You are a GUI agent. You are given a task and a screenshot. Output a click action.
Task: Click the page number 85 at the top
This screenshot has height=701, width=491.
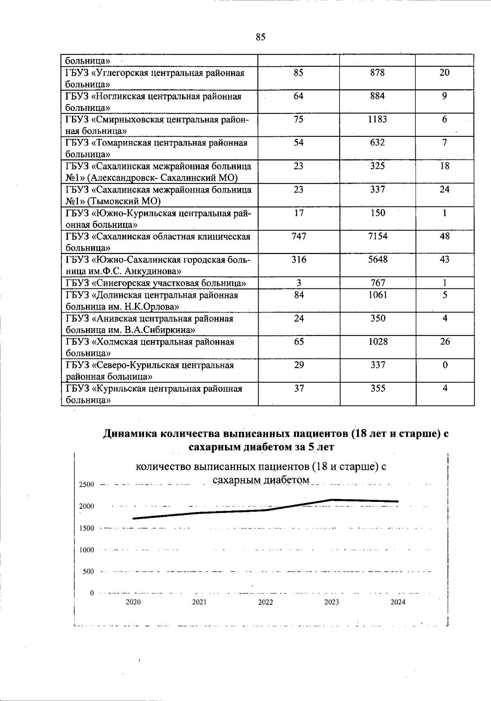click(261, 37)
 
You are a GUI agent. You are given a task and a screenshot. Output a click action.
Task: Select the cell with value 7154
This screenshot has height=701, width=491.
click(378, 236)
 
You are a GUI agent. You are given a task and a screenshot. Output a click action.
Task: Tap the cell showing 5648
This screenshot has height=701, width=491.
click(378, 260)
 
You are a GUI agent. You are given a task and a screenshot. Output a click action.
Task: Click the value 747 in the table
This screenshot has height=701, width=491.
click(299, 236)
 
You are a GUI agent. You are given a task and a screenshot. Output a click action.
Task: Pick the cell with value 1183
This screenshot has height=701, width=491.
click(378, 120)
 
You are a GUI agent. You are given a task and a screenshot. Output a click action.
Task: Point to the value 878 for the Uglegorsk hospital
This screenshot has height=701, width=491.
click(378, 73)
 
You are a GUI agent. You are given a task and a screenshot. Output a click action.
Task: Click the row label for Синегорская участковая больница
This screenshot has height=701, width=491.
click(155, 283)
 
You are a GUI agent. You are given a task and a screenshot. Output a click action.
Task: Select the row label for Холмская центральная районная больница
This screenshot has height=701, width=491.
click(150, 347)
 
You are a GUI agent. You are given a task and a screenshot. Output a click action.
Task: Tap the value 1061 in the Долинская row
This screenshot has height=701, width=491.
click(378, 295)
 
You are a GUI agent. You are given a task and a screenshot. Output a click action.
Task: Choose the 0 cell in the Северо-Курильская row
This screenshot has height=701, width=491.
click(445, 365)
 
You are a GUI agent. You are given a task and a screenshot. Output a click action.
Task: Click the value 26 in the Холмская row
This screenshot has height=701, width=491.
click(445, 342)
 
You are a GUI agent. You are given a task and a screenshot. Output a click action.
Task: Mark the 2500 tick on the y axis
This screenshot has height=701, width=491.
click(86, 485)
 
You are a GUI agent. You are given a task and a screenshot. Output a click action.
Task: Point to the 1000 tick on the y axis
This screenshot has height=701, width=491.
click(86, 550)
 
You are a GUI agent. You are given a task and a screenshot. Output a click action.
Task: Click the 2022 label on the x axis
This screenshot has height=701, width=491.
click(266, 602)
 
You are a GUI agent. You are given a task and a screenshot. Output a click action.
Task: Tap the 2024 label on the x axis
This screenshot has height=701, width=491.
click(398, 602)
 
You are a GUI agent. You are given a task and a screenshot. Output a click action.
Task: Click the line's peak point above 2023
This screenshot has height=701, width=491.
click(332, 500)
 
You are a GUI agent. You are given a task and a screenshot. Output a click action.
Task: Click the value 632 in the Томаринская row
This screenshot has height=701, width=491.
click(378, 143)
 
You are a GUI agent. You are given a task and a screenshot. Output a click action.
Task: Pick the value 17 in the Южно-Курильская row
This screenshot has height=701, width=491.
click(299, 213)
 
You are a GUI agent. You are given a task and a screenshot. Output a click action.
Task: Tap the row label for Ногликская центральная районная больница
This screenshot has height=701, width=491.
click(153, 102)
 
